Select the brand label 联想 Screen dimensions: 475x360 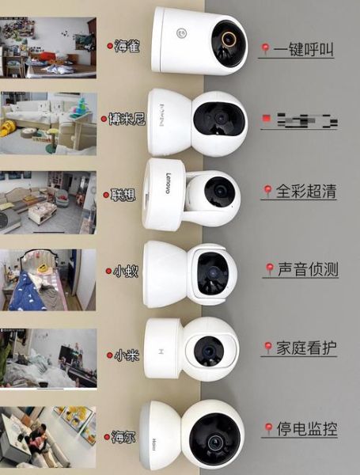pos(124,194)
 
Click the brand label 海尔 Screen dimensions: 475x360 pos(124,436)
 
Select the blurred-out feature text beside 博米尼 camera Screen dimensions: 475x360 pos(301,121)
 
